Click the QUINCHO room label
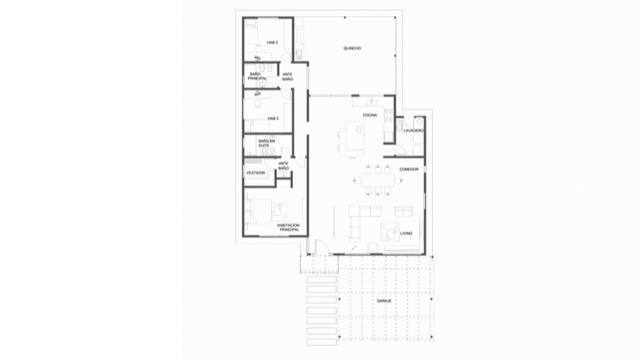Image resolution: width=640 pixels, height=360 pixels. tap(352, 48)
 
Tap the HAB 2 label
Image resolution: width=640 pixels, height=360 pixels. tap(272, 42)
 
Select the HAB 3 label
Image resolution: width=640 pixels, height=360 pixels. tap(273, 119)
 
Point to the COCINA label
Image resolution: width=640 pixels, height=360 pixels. tap(369, 115)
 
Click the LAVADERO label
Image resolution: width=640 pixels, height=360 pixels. tap(414, 131)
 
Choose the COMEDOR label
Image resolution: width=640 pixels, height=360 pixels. tap(408, 169)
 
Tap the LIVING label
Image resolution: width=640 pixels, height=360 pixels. tap(406, 233)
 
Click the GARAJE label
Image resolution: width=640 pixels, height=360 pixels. tap(384, 301)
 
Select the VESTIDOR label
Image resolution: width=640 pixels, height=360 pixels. tap(255, 173)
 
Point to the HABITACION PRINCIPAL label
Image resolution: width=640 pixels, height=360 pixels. tap(288, 227)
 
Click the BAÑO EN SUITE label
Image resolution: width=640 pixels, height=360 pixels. tap(267, 143)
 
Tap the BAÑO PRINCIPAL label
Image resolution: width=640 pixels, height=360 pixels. tap(257, 76)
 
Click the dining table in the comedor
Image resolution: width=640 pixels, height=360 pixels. tap(377, 180)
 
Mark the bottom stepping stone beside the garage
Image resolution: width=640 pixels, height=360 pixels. tap(321, 342)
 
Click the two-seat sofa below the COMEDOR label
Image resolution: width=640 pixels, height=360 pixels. tap(403, 211)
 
